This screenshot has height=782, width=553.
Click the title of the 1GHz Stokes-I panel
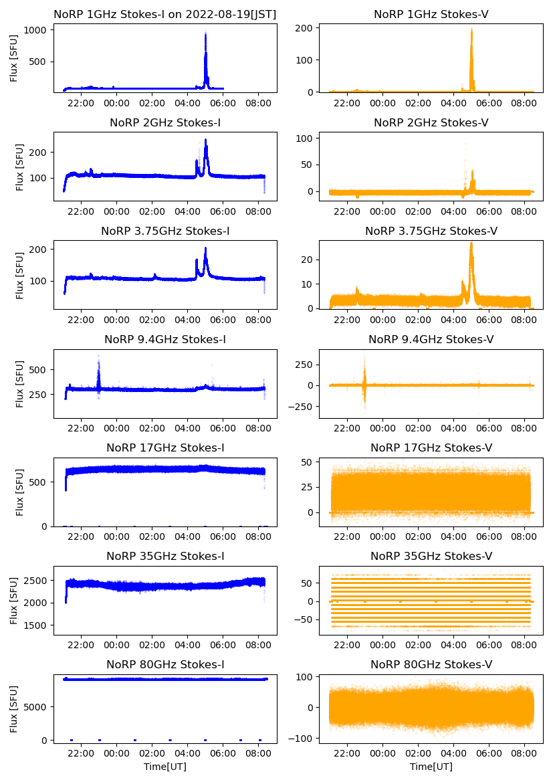(164, 14)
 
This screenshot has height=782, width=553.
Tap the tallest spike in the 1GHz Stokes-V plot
(471, 30)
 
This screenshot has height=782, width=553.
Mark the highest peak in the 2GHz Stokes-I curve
(206, 140)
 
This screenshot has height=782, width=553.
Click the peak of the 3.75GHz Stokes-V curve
(471, 243)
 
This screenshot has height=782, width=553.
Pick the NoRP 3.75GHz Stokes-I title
(164, 231)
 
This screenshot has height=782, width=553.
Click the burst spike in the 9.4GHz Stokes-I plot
(98, 357)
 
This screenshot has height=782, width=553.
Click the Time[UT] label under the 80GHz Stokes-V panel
(431, 767)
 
